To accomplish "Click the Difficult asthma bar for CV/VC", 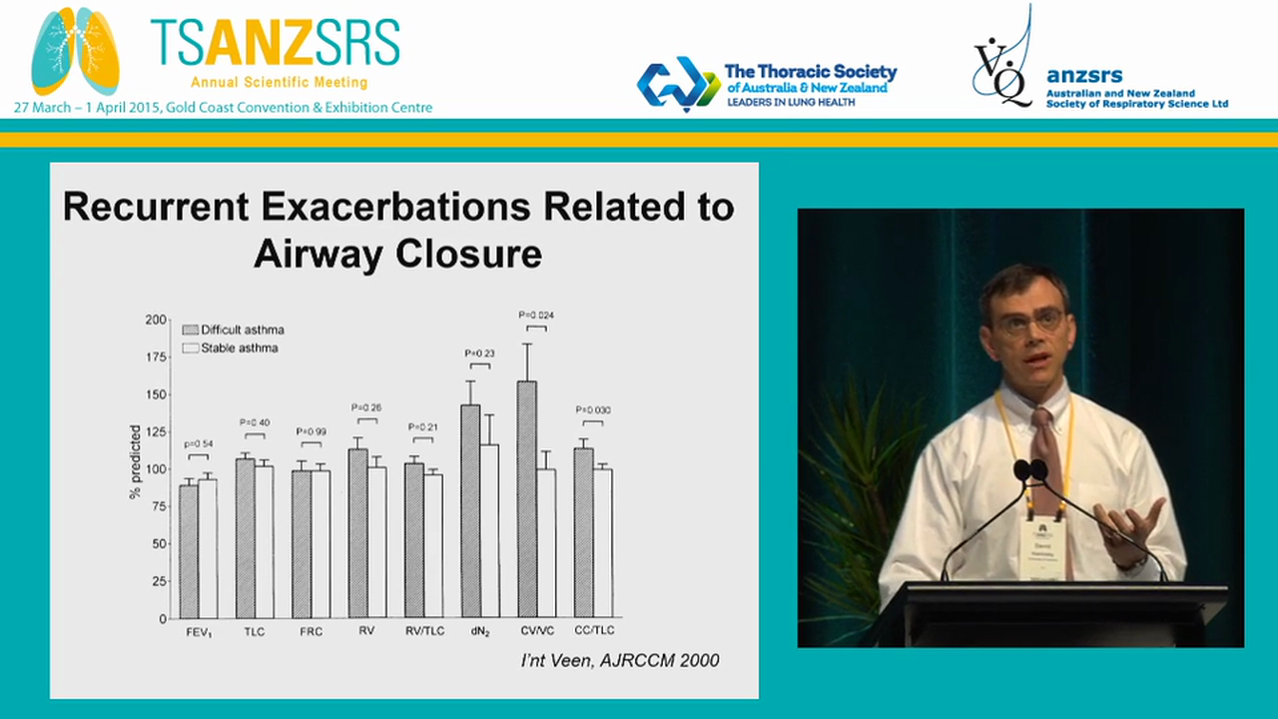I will (527, 499).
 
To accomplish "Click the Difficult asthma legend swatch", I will (190, 330).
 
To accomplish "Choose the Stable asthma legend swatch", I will (190, 349).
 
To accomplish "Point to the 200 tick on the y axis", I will (156, 320).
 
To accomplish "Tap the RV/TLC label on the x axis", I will (423, 631).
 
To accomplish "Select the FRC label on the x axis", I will (311, 631).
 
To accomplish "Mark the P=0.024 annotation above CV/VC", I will (536, 316).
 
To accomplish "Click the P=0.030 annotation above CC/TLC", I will (593, 410).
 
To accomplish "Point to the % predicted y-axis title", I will (135, 461).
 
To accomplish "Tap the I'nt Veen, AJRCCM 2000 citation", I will (621, 660).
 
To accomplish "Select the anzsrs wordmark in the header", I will (1084, 76).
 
